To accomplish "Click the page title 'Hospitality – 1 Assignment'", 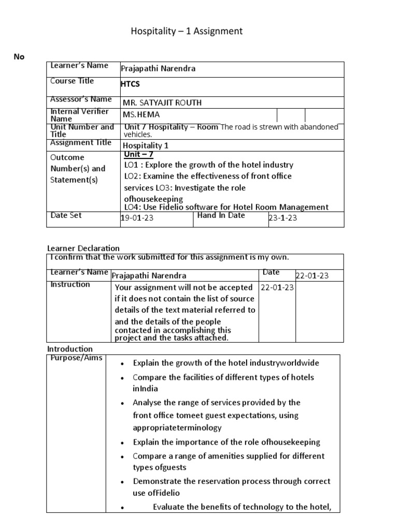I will click(x=186, y=32).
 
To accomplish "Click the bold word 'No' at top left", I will click(x=19, y=57).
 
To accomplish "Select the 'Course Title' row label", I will click(x=72, y=81).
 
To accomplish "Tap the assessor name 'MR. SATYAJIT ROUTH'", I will click(x=162, y=102).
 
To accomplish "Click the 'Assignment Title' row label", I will click(x=80, y=142).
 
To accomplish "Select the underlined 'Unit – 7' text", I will click(x=139, y=154).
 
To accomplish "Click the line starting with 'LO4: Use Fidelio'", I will click(x=226, y=207).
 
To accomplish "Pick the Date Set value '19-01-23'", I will click(x=137, y=218).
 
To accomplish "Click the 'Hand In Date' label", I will click(x=221, y=215).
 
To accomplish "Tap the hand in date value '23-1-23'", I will click(x=282, y=218).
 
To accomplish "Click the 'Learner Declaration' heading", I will click(x=83, y=248).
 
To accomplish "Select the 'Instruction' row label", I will click(x=70, y=284).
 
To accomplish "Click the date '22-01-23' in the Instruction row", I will click(x=277, y=287).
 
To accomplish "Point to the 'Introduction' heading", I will click(x=70, y=349).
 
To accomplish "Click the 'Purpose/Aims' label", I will click(x=76, y=358).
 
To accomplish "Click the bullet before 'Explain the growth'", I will click(x=121, y=364).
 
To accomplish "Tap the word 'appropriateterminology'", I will click(x=177, y=428).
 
